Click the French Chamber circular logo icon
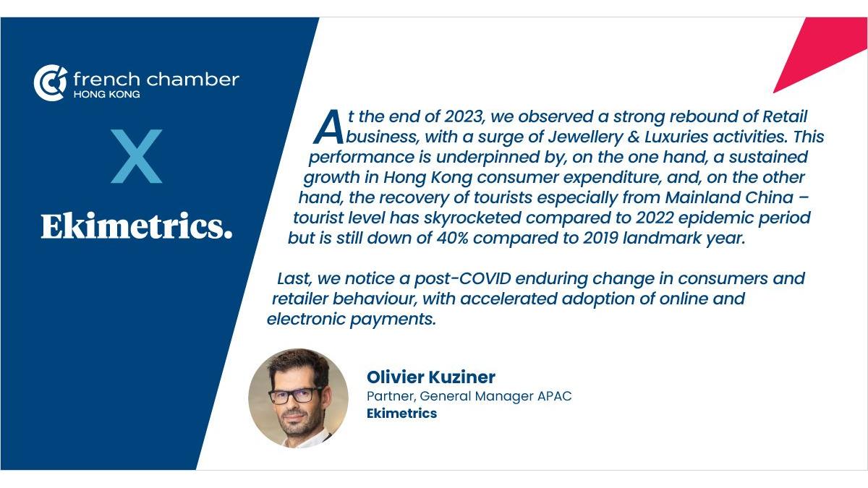[x=51, y=82]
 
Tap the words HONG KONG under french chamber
[x=107, y=95]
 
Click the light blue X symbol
[x=137, y=156]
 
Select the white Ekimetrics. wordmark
[x=137, y=226]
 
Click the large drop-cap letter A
[x=328, y=127]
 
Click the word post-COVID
[x=463, y=279]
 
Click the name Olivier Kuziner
[x=431, y=377]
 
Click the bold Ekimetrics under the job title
[x=402, y=414]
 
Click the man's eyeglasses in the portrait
[x=295, y=395]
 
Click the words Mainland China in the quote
[x=729, y=197]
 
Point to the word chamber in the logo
[x=192, y=80]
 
